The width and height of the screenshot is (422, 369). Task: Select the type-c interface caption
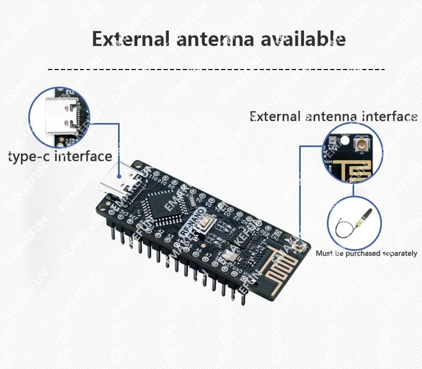pos(60,157)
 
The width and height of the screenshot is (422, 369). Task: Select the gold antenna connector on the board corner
pos(298,246)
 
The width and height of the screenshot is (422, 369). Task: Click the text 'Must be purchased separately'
pos(366,253)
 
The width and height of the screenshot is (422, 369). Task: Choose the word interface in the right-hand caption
pos(390,117)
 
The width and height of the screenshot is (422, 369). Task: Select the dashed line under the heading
pos(216,70)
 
